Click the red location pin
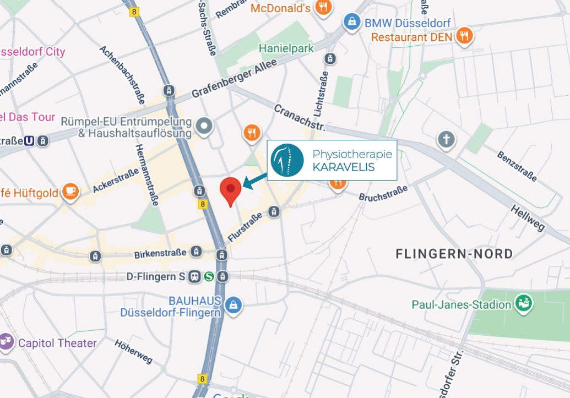[x=230, y=189]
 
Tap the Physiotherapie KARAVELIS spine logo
[x=287, y=159]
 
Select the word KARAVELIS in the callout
[x=343, y=167]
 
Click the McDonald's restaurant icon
[x=323, y=8]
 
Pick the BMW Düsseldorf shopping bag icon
[x=350, y=23]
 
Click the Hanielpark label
[x=286, y=48]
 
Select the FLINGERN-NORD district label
[x=454, y=254]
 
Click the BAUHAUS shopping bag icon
[x=234, y=304]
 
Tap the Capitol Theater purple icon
[x=7, y=342]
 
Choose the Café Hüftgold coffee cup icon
[x=70, y=191]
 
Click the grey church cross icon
[x=446, y=139]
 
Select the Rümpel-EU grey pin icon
[x=205, y=126]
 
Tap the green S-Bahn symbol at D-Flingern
[x=208, y=277]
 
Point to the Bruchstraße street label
[x=383, y=192]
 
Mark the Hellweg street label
[x=528, y=217]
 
